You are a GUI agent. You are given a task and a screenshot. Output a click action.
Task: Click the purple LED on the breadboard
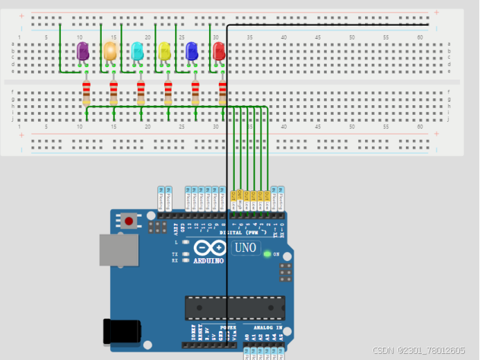[x=82, y=51]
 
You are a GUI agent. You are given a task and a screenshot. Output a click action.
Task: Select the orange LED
[x=109, y=51]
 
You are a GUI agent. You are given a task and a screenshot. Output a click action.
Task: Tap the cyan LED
[x=137, y=51]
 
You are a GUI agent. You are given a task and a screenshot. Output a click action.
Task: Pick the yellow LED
[x=164, y=51]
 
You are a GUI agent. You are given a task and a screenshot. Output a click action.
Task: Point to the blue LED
[x=192, y=51]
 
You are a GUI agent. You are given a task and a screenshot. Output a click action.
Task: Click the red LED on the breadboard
[x=219, y=51]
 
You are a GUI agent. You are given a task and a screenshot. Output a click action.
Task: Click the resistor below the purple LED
[x=87, y=93]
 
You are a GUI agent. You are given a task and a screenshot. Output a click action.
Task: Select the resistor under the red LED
[x=222, y=93]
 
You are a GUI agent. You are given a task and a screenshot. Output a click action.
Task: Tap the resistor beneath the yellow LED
[x=168, y=93]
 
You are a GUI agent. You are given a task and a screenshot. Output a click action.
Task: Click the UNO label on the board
[x=245, y=248]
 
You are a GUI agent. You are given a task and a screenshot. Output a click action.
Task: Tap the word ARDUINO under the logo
[x=209, y=261]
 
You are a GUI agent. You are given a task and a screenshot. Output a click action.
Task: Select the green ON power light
[x=267, y=253]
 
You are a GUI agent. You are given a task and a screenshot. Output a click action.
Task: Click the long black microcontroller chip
[x=234, y=307]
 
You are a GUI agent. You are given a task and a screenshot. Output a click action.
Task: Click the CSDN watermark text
[x=418, y=352]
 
